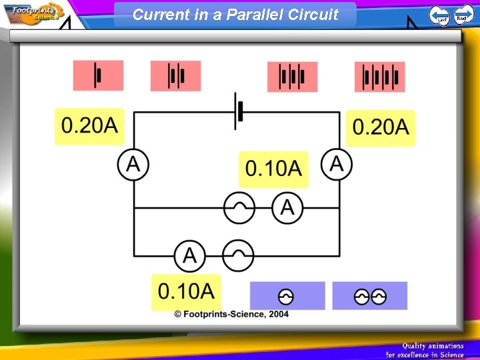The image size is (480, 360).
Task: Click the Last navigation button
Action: pyautogui.click(x=439, y=15)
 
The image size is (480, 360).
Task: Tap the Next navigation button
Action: pyautogui.click(x=463, y=15)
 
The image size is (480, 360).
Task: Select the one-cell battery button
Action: pyautogui.click(x=99, y=75)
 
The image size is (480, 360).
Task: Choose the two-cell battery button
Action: pyautogui.click(x=175, y=75)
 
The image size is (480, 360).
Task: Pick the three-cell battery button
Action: pyautogui.click(x=292, y=77)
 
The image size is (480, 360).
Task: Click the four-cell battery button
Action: pyautogui.click(x=380, y=77)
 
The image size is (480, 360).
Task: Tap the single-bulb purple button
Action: pyautogui.click(x=287, y=296)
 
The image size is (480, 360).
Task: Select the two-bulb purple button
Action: pyautogui.click(x=370, y=296)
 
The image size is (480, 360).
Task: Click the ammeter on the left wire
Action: pyautogui.click(x=133, y=164)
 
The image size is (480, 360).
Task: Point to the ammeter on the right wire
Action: pyautogui.click(x=337, y=164)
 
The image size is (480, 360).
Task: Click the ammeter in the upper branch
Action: pyautogui.click(x=287, y=207)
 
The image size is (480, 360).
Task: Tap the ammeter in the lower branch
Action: pyautogui.click(x=190, y=255)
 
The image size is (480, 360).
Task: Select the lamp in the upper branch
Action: pyautogui.click(x=239, y=207)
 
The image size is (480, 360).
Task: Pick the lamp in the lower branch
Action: pyautogui.click(x=238, y=255)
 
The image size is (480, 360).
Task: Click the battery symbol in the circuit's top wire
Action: pyautogui.click(x=238, y=111)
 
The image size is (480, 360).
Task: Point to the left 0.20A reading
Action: pyautogui.click(x=89, y=126)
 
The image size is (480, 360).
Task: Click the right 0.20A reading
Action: pyautogui.click(x=380, y=127)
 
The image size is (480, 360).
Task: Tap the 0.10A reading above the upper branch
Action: pyautogui.click(x=273, y=169)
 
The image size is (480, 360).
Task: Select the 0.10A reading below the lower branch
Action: pyautogui.click(x=186, y=291)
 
